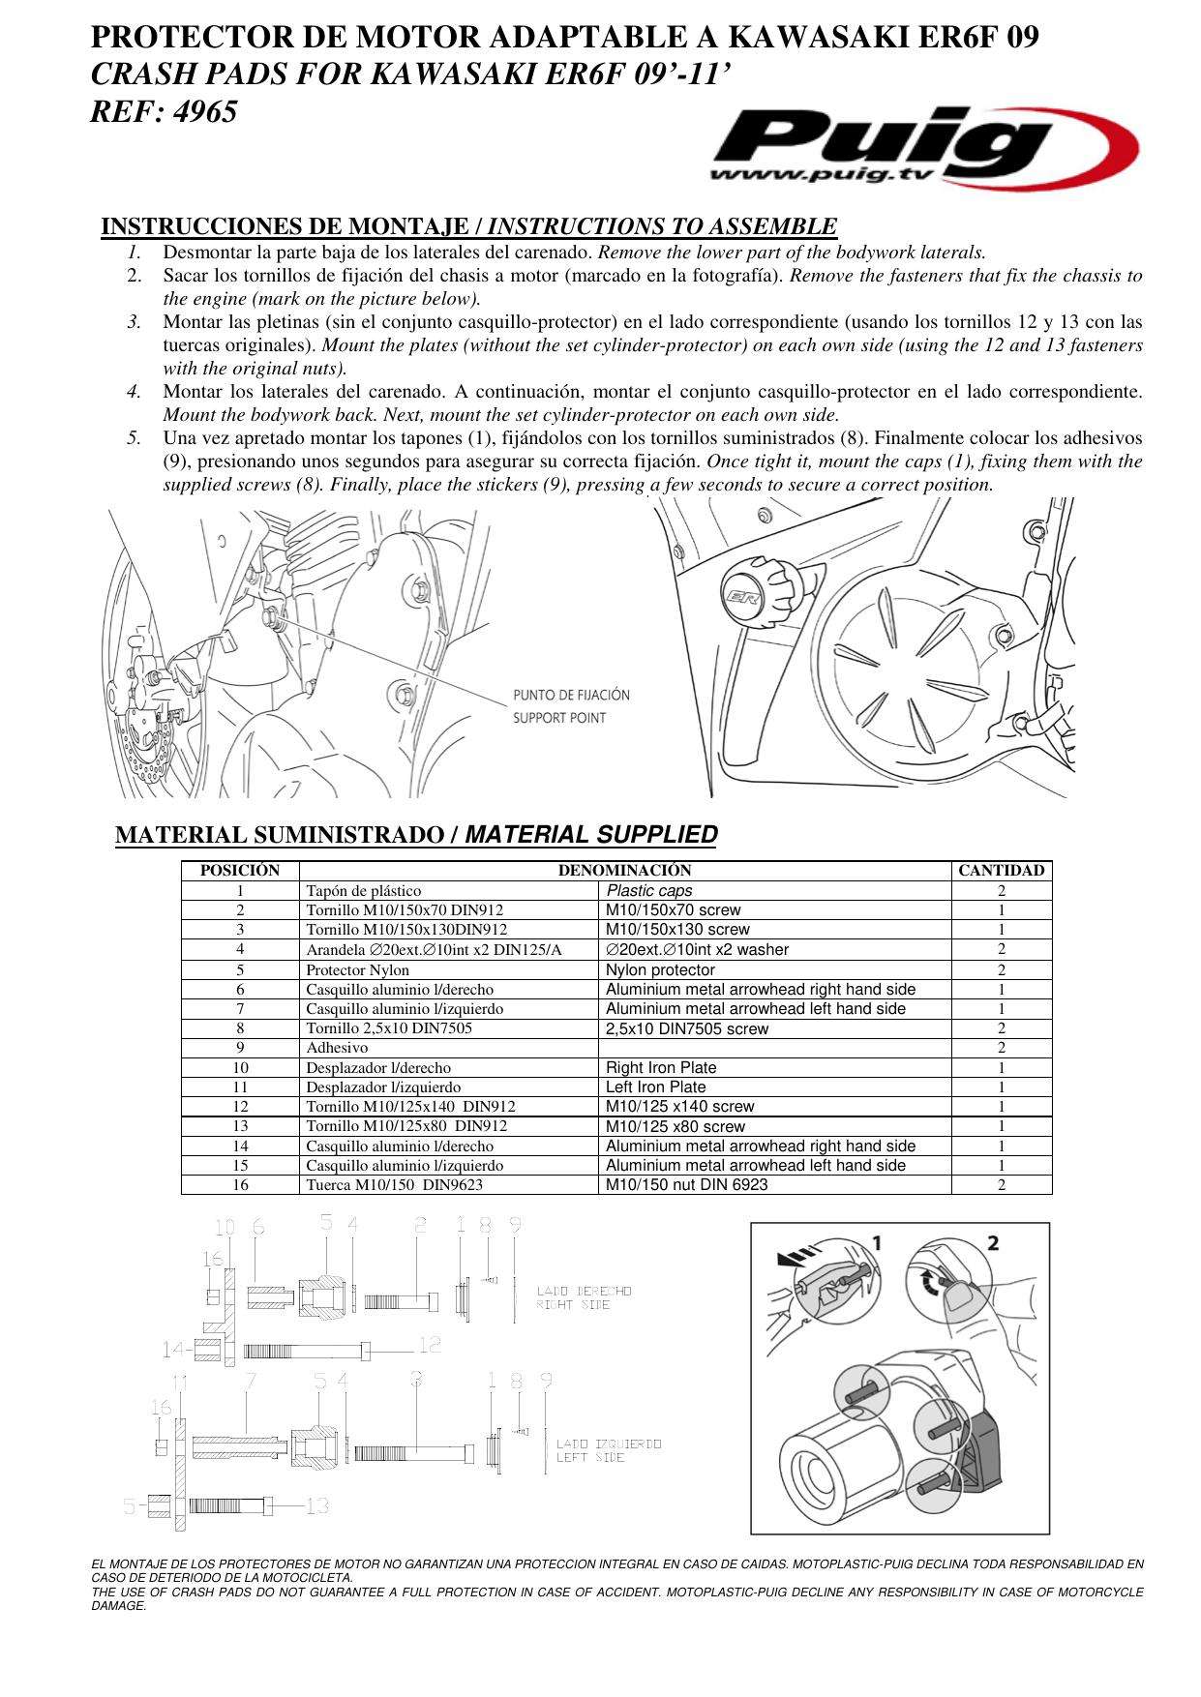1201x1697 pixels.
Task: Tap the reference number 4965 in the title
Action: click(x=205, y=112)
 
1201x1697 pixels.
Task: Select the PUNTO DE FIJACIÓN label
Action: click(x=571, y=695)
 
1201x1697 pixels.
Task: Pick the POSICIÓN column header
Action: click(x=240, y=871)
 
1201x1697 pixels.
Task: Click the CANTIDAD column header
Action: click(x=1001, y=871)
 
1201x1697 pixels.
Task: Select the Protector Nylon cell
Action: click(x=357, y=969)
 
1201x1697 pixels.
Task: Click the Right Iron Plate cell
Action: click(x=661, y=1067)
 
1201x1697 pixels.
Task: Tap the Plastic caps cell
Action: click(x=649, y=890)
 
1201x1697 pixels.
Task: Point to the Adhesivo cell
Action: click(x=337, y=1047)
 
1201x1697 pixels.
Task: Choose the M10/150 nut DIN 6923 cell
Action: click(x=686, y=1184)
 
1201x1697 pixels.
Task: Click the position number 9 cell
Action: click(x=240, y=1047)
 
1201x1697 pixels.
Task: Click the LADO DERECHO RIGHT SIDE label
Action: click(x=585, y=1297)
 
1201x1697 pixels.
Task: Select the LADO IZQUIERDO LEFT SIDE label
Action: click(x=609, y=1450)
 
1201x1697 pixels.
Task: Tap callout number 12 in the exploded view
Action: click(x=430, y=1344)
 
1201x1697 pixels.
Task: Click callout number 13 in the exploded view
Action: click(x=317, y=1505)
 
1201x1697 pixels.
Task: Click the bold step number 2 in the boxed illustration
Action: click(x=992, y=1243)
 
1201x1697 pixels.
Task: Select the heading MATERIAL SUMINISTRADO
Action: click(x=281, y=835)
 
